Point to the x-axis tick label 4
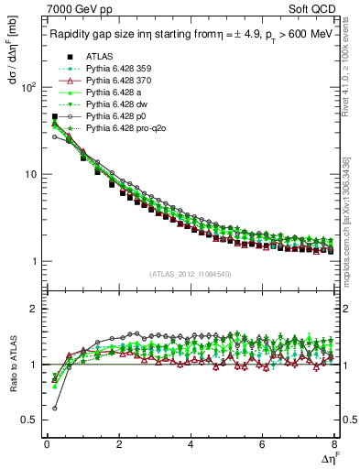pyautogui.click(x=191, y=445)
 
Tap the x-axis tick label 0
pyautogui.click(x=47, y=445)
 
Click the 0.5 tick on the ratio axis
pyautogui.click(x=32, y=420)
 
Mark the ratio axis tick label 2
pyautogui.click(x=35, y=310)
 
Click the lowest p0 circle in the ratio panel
pyautogui.click(x=55, y=409)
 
